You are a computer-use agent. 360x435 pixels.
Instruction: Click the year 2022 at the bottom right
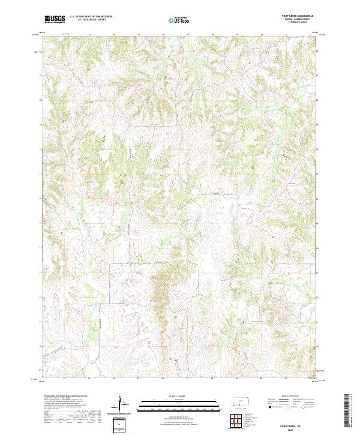point(298,430)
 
